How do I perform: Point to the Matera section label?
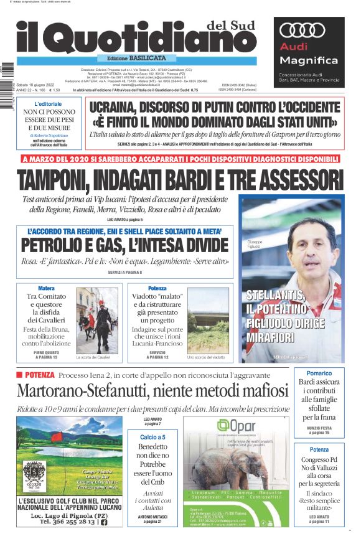tap(46, 289)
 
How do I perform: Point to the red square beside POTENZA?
tap(19, 374)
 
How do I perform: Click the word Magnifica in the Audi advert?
tap(309, 61)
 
